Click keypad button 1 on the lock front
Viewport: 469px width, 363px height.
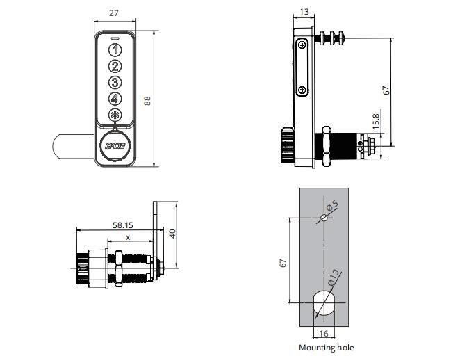click(115, 50)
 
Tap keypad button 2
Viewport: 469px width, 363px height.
click(115, 67)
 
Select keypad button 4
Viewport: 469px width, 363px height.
click(115, 99)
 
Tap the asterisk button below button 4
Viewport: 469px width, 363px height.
click(115, 116)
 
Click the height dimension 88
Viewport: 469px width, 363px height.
click(147, 100)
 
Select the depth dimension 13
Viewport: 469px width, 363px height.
click(304, 13)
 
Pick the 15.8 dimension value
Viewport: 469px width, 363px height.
click(376, 122)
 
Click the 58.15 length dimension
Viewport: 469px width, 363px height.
click(123, 225)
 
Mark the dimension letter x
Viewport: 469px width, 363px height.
click(126, 237)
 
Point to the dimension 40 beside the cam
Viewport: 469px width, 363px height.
click(172, 234)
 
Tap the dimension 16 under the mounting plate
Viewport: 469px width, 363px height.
click(324, 334)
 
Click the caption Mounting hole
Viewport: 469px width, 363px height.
click(326, 348)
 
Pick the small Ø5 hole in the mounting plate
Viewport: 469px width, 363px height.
click(324, 218)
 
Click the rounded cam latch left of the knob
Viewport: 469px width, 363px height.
click(69, 148)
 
